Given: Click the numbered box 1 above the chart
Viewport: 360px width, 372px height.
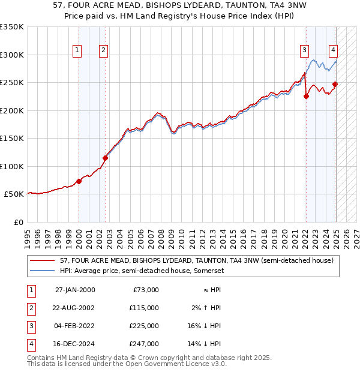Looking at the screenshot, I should pos(78,50).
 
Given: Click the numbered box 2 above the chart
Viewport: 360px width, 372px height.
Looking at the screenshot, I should pos(104,50).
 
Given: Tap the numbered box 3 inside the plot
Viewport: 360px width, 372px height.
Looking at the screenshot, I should pos(305,50).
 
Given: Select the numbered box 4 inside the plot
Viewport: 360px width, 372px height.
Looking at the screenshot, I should pos(333,50).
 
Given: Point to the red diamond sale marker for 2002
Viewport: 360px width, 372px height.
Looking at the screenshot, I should pos(105,158).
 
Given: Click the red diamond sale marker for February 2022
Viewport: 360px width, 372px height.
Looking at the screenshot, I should pos(306,96).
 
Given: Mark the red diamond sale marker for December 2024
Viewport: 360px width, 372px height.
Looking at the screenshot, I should pos(335,84).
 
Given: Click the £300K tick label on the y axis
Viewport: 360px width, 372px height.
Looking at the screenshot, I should pos(12,55).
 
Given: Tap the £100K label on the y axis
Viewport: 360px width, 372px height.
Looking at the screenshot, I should pos(12,166).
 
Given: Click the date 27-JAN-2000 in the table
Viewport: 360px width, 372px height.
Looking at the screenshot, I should pos(75,290).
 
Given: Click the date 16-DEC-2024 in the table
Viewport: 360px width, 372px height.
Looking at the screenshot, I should pos(75,344).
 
